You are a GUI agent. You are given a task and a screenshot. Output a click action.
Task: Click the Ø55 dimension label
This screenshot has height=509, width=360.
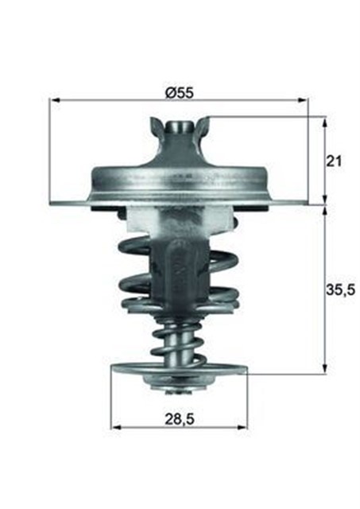180,92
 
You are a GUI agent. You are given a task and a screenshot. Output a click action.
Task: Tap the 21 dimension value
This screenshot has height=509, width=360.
335,161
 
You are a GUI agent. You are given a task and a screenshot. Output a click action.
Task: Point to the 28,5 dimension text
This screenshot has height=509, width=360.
180,415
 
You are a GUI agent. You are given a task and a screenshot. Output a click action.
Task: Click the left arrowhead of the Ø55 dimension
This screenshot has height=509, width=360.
54,100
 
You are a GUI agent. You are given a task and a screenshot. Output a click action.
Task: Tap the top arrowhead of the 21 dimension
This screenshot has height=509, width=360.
325,121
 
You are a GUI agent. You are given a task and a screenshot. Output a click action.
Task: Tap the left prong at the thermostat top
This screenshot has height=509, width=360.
155,125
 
